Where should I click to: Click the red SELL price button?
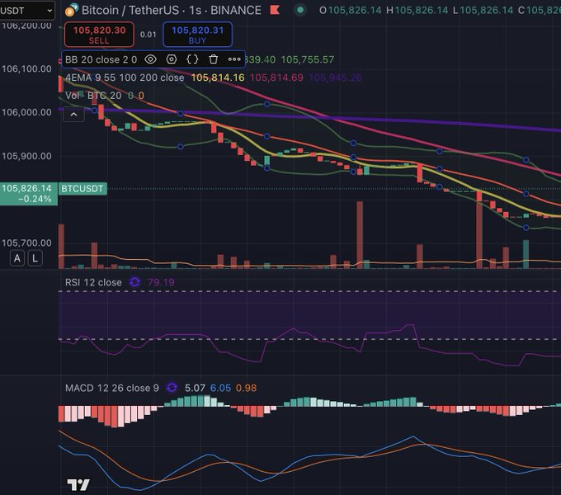click(98, 34)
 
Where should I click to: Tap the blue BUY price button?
click(197, 34)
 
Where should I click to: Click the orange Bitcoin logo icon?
click(72, 11)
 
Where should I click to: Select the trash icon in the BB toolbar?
click(213, 59)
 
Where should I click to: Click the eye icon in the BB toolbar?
click(150, 59)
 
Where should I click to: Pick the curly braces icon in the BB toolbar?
click(192, 59)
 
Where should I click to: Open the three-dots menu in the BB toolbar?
click(234, 59)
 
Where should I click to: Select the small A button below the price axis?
click(17, 258)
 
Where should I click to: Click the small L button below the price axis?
click(35, 258)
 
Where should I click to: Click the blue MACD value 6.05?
click(220, 387)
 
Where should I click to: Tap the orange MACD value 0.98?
click(246, 387)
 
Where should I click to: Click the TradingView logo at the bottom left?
click(78, 485)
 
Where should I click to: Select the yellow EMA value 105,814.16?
click(217, 78)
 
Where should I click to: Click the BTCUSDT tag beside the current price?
click(82, 189)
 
